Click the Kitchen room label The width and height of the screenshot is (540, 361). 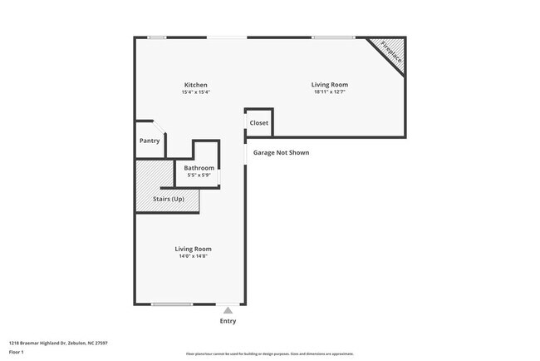[196, 85]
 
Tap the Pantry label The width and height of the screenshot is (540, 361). [149, 141]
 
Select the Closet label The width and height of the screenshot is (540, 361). [259, 123]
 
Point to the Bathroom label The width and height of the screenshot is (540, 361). [199, 168]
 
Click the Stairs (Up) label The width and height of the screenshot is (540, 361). [169, 200]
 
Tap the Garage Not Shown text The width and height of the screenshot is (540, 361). [281, 152]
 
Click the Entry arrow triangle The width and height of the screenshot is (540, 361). [228, 309]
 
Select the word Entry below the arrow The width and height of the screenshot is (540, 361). [228, 321]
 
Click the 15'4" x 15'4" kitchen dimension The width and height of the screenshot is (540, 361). [196, 92]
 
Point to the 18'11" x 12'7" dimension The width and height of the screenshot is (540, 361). [329, 92]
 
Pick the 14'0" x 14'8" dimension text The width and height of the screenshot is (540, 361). [193, 257]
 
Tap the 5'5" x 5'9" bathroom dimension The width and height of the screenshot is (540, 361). [199, 176]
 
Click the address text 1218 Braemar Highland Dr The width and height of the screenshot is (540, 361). [58, 343]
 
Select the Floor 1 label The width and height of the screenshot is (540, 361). [17, 352]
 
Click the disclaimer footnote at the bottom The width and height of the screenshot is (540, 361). [269, 354]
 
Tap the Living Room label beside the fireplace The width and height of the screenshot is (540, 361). [329, 85]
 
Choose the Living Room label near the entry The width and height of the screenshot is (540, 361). [193, 249]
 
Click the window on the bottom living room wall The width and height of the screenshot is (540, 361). [172, 304]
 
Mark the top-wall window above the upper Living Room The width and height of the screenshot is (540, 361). [333, 37]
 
